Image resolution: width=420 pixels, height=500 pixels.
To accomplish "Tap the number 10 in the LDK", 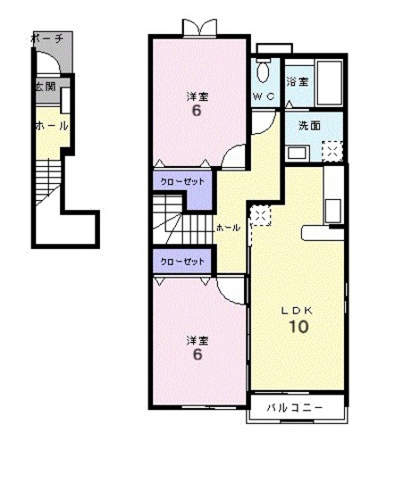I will coord(297,327).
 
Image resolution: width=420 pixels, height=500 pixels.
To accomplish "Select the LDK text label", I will coord(297,310).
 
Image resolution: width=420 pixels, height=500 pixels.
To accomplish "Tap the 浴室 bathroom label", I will coord(298,81).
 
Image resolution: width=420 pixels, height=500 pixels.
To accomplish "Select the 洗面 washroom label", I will coord(298,126).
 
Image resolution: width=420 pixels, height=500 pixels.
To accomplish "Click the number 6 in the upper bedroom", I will coord(196,112).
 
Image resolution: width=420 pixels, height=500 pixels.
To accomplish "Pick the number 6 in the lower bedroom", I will coord(196,354).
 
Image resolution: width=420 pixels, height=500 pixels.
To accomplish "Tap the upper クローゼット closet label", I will coord(182,181).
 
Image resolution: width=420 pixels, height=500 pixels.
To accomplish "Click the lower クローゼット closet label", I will coord(182,261).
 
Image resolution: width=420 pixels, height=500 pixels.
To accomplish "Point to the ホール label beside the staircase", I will coord(228,228).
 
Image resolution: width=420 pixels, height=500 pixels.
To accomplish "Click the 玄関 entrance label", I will coord(45,87).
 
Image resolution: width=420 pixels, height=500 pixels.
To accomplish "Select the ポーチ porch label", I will coord(46,38).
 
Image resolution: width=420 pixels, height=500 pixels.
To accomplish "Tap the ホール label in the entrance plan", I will coord(50,126).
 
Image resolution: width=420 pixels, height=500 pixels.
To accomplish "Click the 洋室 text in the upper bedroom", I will coord(196,96).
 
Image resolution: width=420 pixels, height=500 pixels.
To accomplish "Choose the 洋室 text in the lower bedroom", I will coord(196,339).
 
